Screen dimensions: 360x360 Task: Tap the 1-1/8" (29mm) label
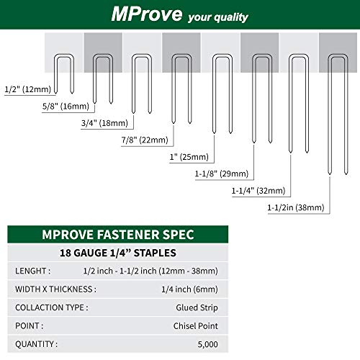point(221,174)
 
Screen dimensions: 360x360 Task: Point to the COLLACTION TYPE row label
point(52,307)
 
